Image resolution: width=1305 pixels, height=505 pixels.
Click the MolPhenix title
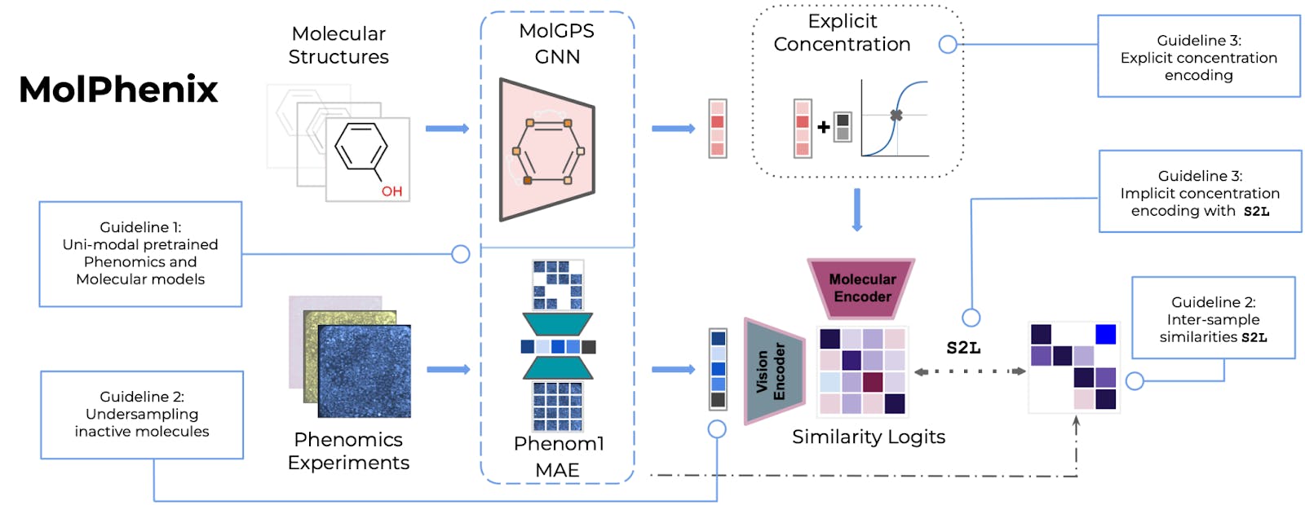[x=118, y=90]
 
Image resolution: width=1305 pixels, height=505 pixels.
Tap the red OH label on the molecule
[x=391, y=191]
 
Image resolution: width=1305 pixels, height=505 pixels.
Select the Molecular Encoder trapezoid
[x=861, y=288]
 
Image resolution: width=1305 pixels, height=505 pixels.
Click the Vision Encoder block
[x=774, y=371]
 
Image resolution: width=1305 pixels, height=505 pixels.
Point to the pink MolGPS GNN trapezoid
[x=547, y=150]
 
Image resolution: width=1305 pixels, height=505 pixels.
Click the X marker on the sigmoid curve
[x=896, y=115]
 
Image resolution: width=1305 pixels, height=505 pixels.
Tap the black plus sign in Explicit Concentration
[x=823, y=127]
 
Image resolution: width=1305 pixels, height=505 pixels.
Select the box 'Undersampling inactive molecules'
[x=142, y=415]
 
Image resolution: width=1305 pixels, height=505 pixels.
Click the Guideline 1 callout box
[x=140, y=253]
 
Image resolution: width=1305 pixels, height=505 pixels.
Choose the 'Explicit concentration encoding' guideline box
[x=1198, y=56]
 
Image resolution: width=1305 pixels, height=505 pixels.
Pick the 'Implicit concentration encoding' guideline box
[x=1200, y=191]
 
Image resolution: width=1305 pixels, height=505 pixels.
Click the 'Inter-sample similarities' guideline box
[x=1214, y=318]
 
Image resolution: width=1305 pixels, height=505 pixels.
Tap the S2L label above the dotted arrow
[x=963, y=348]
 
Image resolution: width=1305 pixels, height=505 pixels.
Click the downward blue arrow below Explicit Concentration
[x=856, y=209]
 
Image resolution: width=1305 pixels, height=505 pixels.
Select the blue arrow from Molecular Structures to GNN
[x=448, y=129]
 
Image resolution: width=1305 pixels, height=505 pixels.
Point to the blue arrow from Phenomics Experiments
[x=448, y=370]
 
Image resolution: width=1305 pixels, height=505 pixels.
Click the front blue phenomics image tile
[x=364, y=371]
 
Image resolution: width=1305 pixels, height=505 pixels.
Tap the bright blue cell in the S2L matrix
[x=1105, y=335]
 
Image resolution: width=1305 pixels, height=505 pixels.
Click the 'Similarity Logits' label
[x=868, y=437]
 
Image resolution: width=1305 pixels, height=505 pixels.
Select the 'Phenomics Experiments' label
[x=348, y=451]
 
